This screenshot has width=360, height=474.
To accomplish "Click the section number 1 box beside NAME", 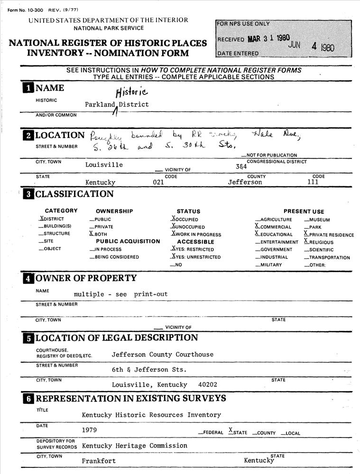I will coord(28,88).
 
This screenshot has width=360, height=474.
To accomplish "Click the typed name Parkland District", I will coord(117,104).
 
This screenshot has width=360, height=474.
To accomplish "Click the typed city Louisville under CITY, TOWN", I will coord(104,165).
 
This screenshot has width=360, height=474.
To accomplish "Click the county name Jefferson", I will coord(245,182).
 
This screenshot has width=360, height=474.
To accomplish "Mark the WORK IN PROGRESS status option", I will coord(198,234).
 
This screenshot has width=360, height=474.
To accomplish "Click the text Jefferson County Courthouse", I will coord(162,355).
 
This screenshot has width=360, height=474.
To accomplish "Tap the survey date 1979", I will coord(90,430).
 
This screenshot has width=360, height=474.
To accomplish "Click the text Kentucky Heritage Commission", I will coord(134,446).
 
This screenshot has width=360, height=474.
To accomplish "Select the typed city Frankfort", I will coord(99,461).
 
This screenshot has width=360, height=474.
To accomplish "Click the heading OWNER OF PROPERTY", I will coord(86,278).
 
